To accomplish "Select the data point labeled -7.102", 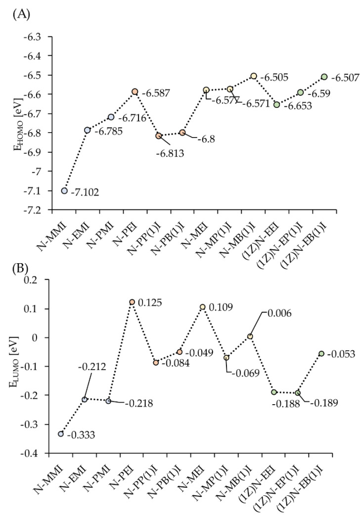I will pyautogui.click(x=64, y=191).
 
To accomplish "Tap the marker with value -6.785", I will pyautogui.click(x=88, y=130).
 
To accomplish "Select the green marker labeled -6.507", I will pyautogui.click(x=324, y=77).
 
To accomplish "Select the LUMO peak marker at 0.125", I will pyautogui.click(x=132, y=302).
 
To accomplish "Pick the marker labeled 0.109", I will pyautogui.click(x=203, y=307).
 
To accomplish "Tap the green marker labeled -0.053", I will pyautogui.click(x=321, y=353).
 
